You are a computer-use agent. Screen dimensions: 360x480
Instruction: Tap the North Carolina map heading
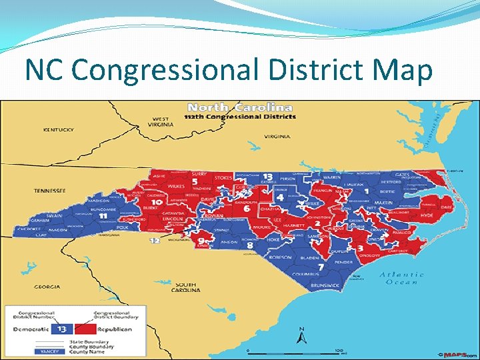240,107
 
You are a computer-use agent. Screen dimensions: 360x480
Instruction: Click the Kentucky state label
58,129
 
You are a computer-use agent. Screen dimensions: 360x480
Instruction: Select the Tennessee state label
50,191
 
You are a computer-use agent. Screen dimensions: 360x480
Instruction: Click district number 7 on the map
321,267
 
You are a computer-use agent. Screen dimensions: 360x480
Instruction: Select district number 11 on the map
102,217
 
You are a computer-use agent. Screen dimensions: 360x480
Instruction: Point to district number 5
194,181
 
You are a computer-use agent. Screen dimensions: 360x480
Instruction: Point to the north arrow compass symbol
301,333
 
